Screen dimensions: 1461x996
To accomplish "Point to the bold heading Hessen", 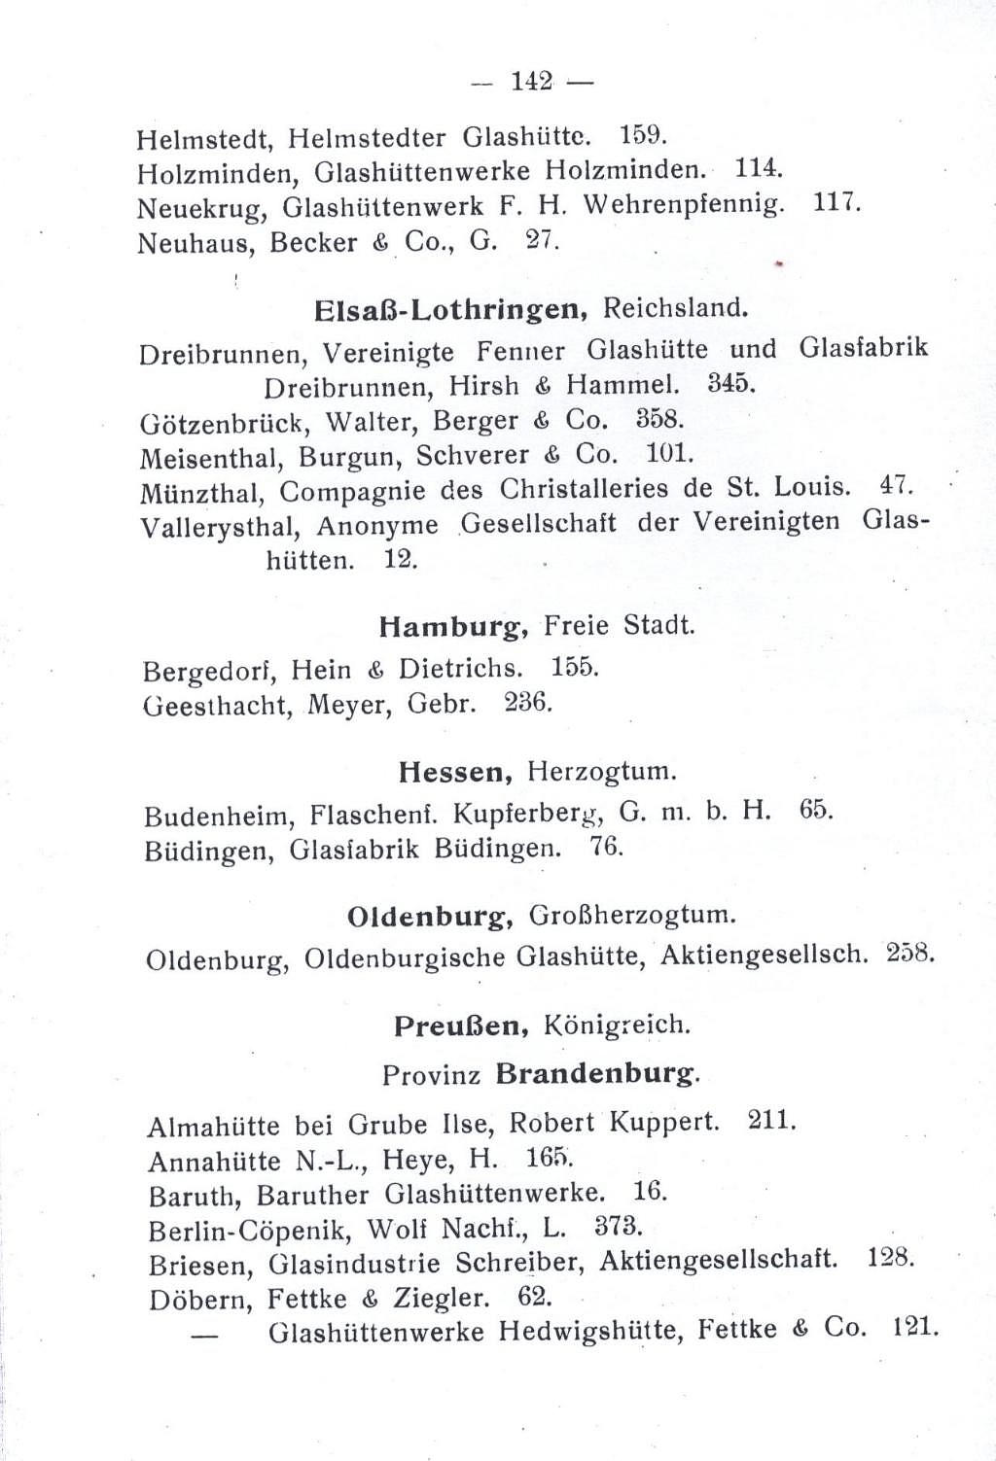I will [456, 773].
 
